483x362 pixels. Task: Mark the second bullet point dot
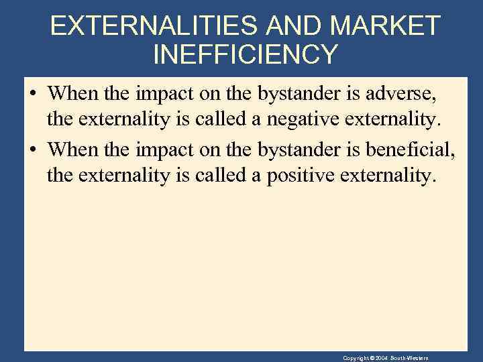click(x=33, y=148)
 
